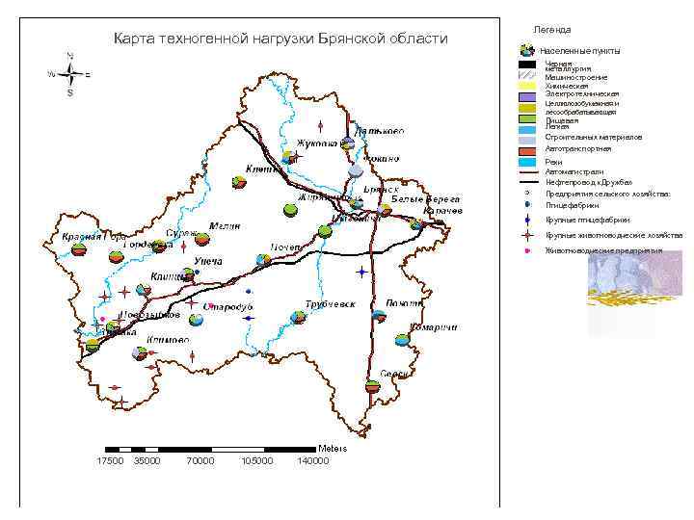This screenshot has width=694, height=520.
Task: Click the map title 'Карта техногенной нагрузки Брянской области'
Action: click(x=280, y=39)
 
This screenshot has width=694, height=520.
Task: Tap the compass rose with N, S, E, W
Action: click(x=69, y=74)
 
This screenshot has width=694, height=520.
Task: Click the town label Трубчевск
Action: click(x=331, y=304)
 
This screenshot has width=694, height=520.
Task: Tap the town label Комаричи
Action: click(x=433, y=327)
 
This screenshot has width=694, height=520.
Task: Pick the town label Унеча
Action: click(x=209, y=261)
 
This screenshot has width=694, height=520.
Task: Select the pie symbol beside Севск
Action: click(x=373, y=386)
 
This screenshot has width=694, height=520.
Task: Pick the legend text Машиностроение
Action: click(x=576, y=76)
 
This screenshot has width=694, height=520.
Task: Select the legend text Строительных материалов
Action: click(x=593, y=138)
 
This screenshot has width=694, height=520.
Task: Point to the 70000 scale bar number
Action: click(x=200, y=461)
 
